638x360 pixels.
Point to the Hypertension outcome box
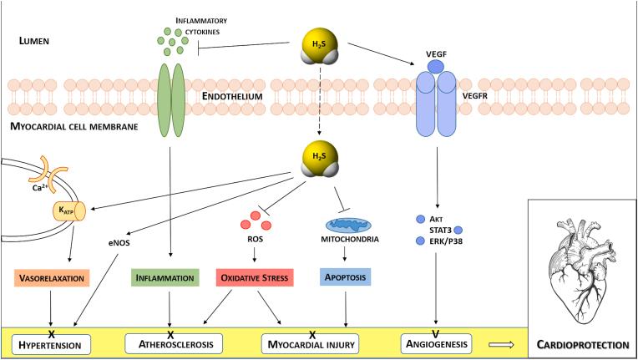coord(52,342)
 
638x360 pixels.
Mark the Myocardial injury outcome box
coord(311,342)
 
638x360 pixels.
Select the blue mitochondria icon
coord(346,225)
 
